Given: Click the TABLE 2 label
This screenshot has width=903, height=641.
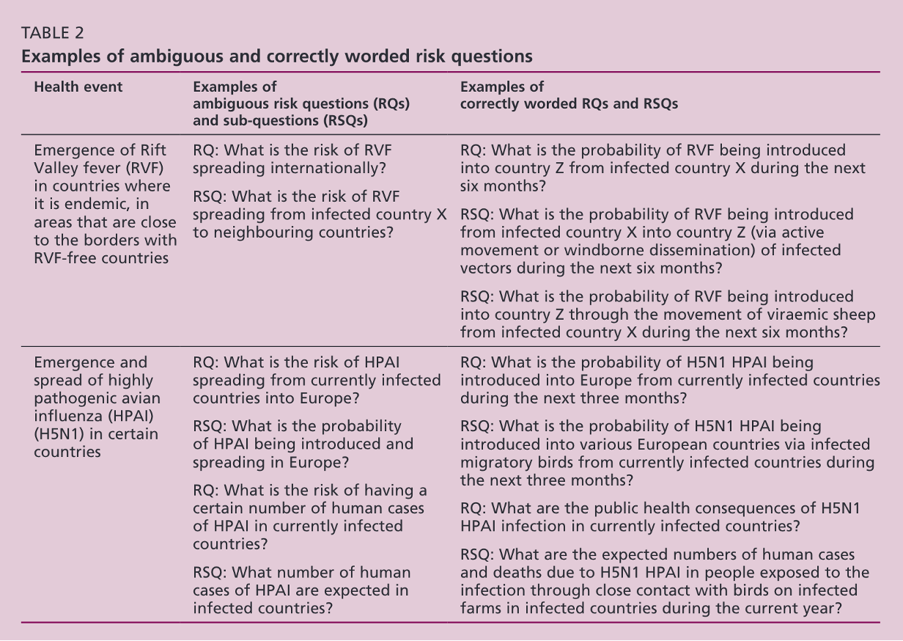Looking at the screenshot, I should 53,33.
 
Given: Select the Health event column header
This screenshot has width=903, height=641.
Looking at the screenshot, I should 78,87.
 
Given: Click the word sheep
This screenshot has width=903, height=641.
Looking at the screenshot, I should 853,315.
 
